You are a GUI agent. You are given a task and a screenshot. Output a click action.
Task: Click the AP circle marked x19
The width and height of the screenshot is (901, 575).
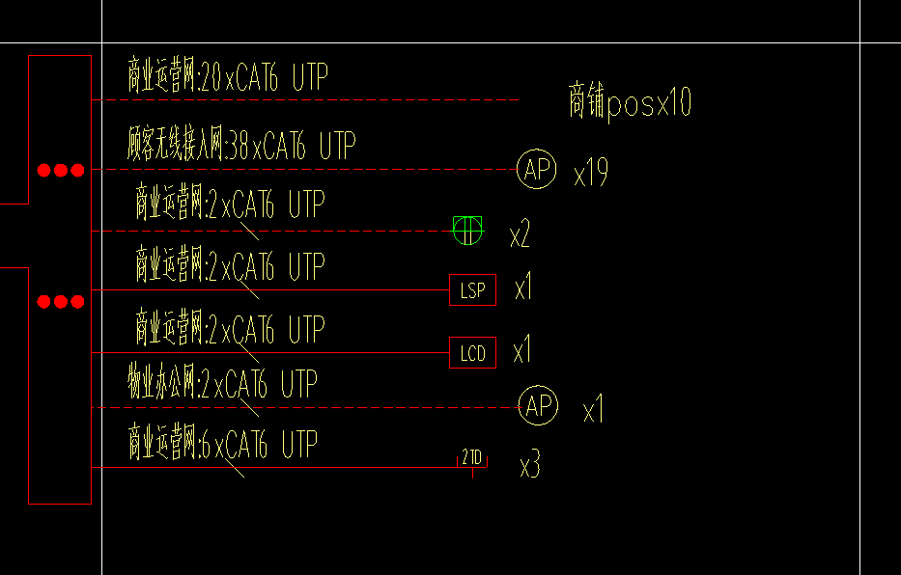(x=537, y=170)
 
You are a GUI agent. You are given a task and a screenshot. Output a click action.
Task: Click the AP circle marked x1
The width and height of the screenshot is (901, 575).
(x=538, y=406)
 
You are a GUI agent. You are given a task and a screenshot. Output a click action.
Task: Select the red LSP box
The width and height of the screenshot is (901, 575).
(x=472, y=289)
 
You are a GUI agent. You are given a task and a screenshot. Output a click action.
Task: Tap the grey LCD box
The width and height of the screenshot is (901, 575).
(x=472, y=352)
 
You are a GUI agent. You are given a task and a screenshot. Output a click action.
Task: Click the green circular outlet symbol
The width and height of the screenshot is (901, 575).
(x=465, y=230)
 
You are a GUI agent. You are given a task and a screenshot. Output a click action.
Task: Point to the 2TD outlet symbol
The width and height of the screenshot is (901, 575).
(x=472, y=459)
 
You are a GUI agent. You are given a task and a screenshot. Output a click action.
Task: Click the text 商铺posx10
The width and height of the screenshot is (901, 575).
(x=630, y=102)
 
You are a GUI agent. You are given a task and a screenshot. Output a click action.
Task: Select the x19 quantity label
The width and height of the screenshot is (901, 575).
(x=590, y=175)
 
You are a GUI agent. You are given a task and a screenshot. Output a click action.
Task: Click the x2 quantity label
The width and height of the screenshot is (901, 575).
(x=520, y=234)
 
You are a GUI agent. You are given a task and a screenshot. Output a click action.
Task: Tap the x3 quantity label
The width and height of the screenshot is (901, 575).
(x=529, y=467)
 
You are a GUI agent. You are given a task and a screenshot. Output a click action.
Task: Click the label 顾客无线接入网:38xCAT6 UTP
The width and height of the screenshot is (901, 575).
(x=241, y=146)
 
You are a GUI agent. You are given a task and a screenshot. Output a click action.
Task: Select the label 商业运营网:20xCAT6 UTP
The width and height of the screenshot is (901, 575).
(x=228, y=76)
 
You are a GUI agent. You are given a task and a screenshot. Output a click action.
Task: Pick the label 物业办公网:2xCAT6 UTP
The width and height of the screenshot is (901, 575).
(x=222, y=385)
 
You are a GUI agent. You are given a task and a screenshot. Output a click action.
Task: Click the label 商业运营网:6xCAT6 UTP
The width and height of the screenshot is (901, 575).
(x=222, y=445)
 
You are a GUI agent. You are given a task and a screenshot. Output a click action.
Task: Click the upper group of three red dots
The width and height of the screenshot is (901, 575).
(x=61, y=171)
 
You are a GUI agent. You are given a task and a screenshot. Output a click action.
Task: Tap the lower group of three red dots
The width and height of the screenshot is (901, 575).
(x=61, y=302)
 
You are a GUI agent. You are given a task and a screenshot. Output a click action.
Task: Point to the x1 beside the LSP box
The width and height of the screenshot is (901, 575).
(x=523, y=287)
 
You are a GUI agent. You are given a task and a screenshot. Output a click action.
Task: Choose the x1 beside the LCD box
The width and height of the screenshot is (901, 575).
(x=521, y=351)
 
